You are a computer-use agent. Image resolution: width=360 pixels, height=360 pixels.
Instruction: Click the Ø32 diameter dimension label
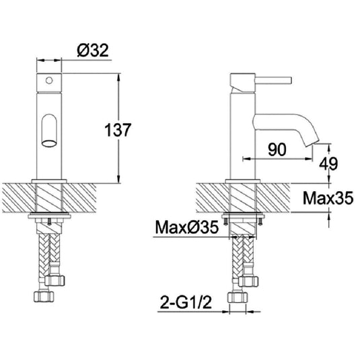coord(93,50)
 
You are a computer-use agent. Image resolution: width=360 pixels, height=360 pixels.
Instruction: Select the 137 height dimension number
coord(118,130)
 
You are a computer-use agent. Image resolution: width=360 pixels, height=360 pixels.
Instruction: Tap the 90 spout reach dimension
coord(277,149)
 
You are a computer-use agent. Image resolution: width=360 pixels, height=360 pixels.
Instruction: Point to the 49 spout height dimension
coord(329,164)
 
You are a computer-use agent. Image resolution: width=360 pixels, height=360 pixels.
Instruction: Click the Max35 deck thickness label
coord(328,198)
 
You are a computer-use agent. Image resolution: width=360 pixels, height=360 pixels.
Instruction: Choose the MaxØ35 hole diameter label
coord(187,227)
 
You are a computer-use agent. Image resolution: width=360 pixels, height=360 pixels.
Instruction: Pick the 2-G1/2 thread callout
coord(186,303)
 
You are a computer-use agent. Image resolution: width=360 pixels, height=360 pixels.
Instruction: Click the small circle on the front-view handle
coord(49,80)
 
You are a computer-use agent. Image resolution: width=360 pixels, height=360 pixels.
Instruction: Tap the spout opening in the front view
coord(49,143)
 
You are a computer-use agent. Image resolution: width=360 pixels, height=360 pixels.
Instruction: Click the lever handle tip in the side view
coord(290,81)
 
